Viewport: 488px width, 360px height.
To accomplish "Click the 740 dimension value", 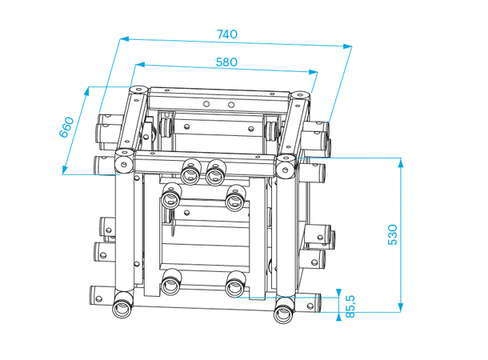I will point(227,34).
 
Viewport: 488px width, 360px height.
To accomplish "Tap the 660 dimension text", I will point(67,127).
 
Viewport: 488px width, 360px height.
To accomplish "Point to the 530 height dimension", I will point(392,234).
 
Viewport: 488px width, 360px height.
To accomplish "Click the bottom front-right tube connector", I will point(285,308).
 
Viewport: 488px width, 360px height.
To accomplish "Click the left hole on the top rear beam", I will point(207,102).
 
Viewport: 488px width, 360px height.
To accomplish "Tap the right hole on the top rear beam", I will point(230,103).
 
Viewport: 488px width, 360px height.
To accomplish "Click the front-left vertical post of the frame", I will point(125,232).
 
